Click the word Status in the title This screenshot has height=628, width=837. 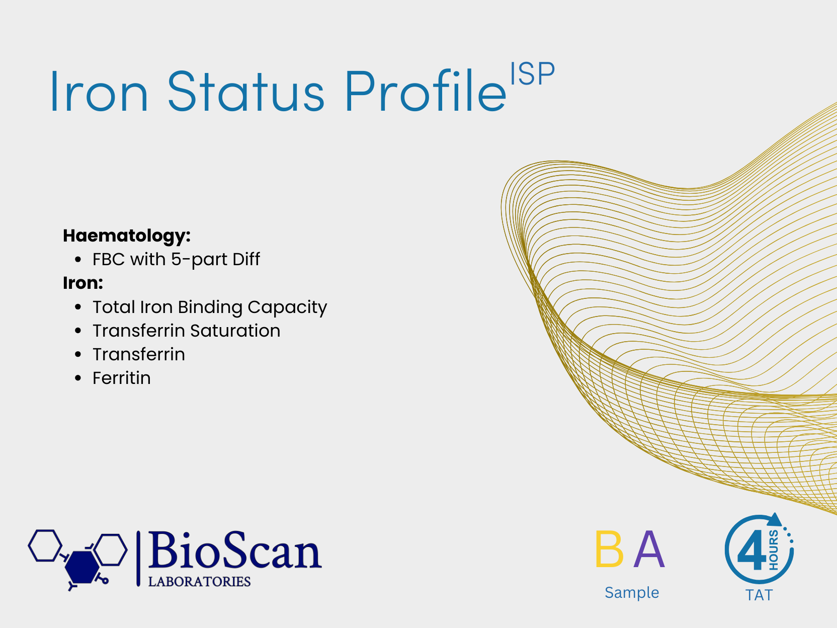[x=246, y=91]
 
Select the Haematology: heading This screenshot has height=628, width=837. [x=127, y=236]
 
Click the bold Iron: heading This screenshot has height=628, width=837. [x=83, y=283]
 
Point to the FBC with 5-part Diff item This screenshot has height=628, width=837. [x=176, y=260]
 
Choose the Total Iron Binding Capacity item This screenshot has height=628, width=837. [x=210, y=307]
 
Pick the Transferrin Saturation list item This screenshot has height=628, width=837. [x=187, y=331]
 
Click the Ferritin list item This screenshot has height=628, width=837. [x=122, y=378]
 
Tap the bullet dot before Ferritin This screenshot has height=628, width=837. [x=78, y=378]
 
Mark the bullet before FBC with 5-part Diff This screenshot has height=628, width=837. [x=78, y=260]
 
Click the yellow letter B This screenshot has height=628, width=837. [x=609, y=549]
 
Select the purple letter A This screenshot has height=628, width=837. [x=649, y=549]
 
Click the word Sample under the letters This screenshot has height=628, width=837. [x=632, y=593]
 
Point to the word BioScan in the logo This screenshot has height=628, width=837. [x=235, y=551]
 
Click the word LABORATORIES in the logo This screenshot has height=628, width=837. [x=199, y=582]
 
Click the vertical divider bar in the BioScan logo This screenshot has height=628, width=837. [x=138, y=559]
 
